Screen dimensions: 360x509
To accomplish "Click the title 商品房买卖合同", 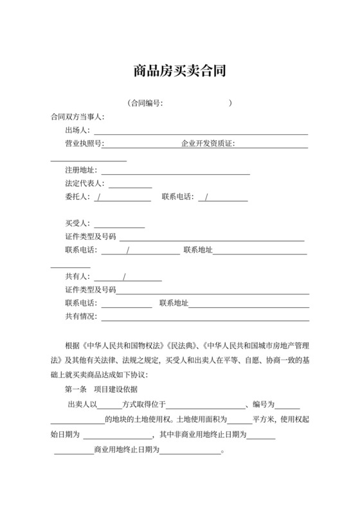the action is click(179, 70).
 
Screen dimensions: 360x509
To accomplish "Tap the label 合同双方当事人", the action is click(77, 117).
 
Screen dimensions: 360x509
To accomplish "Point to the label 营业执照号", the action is click(84, 144).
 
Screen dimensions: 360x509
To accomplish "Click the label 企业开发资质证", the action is click(208, 144).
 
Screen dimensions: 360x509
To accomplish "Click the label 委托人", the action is click(77, 197).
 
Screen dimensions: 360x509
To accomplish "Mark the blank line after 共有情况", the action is click(206, 317).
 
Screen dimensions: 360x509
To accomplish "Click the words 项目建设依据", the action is click(116, 389).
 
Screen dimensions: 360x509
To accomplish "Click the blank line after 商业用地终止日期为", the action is click(191, 451).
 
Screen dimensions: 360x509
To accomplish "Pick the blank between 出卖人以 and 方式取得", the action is click(109, 406).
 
